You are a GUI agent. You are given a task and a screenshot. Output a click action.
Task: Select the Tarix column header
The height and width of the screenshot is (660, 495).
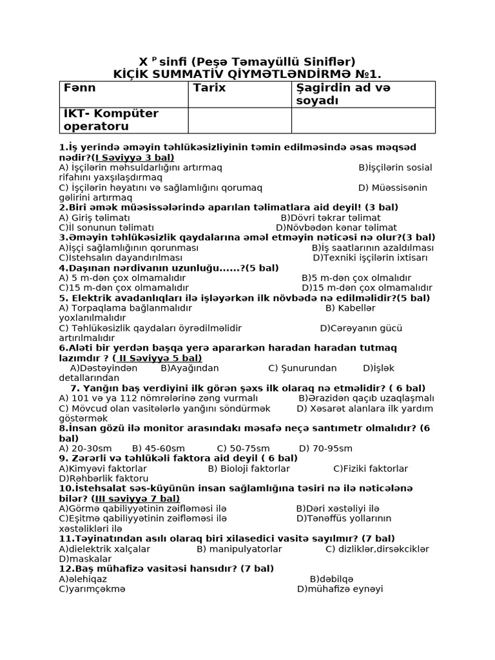[x=209, y=88]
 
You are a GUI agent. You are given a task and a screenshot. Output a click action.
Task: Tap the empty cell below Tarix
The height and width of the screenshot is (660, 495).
[x=239, y=120]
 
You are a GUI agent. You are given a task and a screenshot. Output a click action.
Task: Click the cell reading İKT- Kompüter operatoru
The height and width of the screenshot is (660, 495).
[x=111, y=120]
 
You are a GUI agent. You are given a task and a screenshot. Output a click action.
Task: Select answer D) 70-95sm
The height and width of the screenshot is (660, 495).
[x=325, y=448]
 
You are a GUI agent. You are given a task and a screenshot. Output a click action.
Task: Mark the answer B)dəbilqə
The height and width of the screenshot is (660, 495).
[x=331, y=578]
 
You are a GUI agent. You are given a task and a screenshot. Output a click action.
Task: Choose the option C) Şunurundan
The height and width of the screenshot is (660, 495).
[x=302, y=368]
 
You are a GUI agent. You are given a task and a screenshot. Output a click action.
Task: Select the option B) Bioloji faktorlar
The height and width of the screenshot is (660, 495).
[x=249, y=469]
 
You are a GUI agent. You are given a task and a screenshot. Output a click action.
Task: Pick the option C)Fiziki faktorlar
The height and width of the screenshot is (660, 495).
[x=371, y=469]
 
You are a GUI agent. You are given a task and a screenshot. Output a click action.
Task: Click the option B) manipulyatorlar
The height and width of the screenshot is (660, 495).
[x=239, y=548]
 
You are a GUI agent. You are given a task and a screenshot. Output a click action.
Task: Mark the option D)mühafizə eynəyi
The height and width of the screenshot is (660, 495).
[x=340, y=588]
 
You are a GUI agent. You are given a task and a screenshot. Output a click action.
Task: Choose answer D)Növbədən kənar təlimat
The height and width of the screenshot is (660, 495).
[x=336, y=228]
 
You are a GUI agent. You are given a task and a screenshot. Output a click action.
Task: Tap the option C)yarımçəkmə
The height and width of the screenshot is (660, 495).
[x=92, y=588]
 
